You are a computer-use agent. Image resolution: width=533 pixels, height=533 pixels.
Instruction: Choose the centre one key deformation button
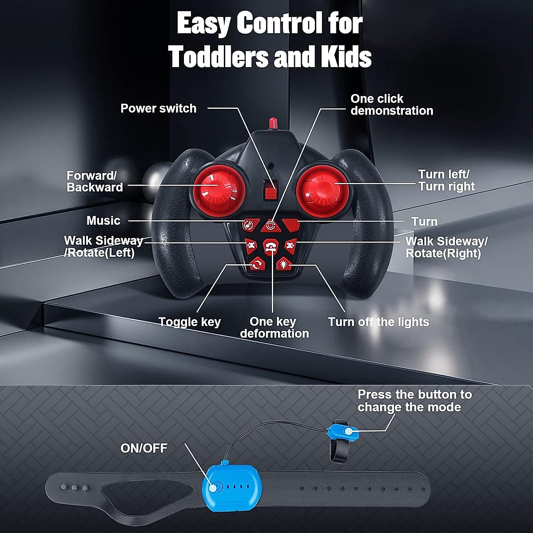[x=270, y=246]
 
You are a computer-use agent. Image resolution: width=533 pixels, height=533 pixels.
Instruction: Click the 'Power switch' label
[x=158, y=108]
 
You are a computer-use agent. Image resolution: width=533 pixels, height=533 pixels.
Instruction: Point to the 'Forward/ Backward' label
[x=95, y=181]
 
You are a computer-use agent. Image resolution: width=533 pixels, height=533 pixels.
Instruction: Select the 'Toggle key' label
[x=190, y=322]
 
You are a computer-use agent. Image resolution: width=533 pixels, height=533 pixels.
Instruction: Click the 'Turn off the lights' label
[x=378, y=322]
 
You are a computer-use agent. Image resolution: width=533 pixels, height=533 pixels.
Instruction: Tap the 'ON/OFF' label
[x=144, y=448]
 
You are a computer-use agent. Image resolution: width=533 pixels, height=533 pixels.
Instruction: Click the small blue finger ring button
[x=343, y=432]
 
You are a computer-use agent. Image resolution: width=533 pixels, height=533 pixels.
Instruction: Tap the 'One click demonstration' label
[x=391, y=105]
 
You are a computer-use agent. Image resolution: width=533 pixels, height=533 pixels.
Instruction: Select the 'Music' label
[x=103, y=221]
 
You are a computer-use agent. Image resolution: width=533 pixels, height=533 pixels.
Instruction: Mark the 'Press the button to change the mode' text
[x=414, y=401]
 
